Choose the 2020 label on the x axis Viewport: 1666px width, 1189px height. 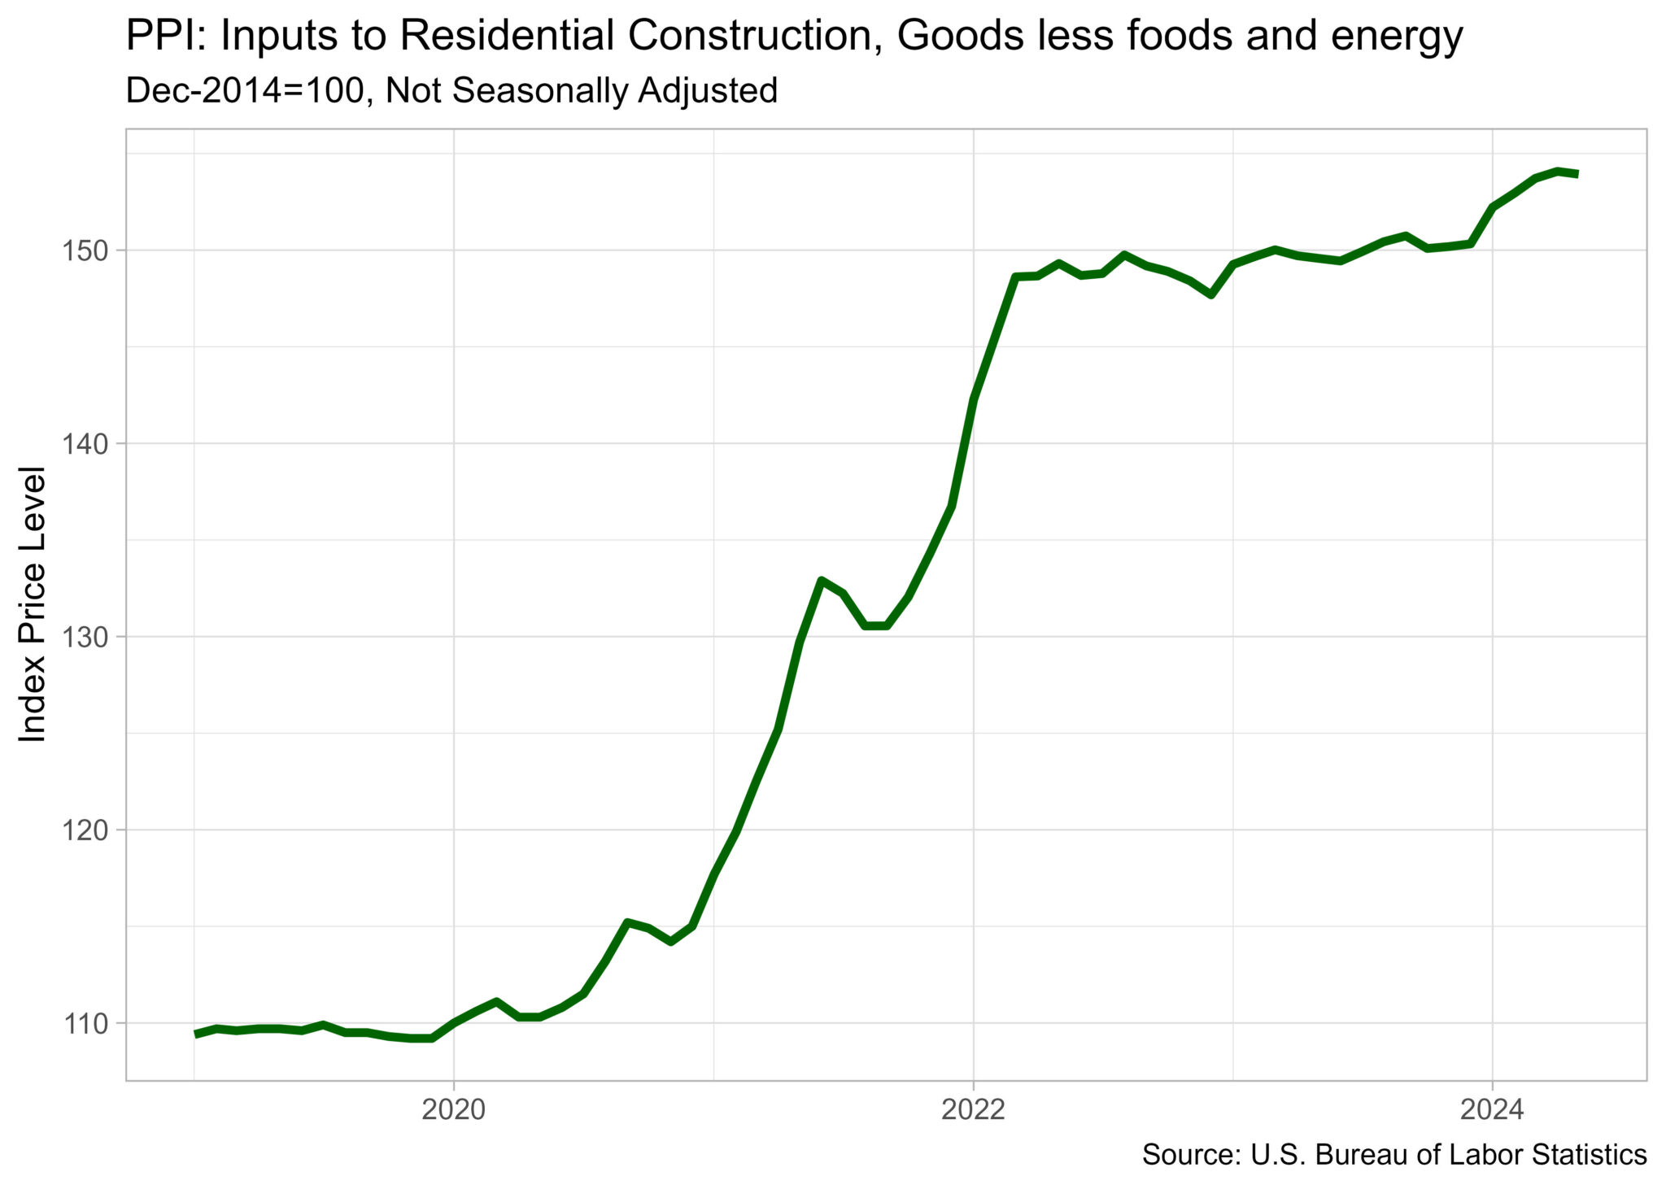(x=453, y=1109)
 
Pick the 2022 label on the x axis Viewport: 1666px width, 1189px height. (x=973, y=1109)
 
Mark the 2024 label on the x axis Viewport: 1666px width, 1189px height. (x=1492, y=1109)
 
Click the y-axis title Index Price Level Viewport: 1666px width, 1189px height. (x=33, y=604)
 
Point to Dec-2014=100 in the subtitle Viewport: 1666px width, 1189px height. (x=244, y=90)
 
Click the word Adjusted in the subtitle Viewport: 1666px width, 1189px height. (x=707, y=90)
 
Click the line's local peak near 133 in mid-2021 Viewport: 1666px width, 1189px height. (x=821, y=580)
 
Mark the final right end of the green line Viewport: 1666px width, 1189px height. (x=1577, y=173)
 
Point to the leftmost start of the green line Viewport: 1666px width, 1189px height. (x=195, y=1034)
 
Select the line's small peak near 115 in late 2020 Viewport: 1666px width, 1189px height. (x=626, y=922)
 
